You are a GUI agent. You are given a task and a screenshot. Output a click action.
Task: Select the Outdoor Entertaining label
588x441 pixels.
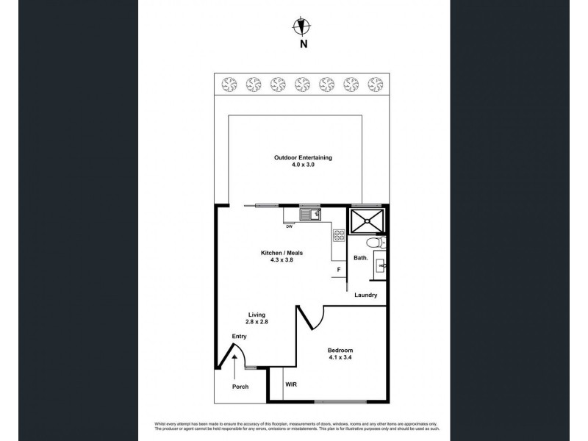tap(303, 158)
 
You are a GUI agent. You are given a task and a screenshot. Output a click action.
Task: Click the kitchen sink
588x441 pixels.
tap(309, 215)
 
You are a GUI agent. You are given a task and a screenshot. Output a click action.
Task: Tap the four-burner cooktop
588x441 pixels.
tap(340, 236)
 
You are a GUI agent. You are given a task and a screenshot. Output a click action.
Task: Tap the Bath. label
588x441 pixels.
tap(361, 258)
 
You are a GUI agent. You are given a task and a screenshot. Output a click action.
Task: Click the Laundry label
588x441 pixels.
tap(365, 295)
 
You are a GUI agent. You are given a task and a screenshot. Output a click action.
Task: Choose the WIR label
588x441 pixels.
tap(290, 384)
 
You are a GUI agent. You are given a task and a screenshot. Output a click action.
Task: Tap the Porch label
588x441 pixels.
tap(240, 387)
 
